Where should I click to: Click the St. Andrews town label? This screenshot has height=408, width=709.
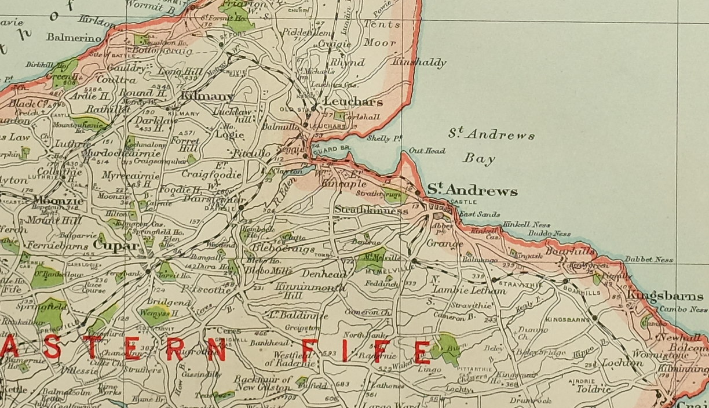point(472,191)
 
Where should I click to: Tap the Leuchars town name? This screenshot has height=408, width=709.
point(353,102)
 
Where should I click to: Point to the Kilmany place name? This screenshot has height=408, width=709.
point(207,96)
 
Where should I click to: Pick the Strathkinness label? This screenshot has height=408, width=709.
point(371,211)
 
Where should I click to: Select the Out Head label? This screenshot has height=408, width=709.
point(427,151)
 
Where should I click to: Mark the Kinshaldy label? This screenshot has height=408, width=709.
point(419,63)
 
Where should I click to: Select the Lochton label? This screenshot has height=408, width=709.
point(622,363)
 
